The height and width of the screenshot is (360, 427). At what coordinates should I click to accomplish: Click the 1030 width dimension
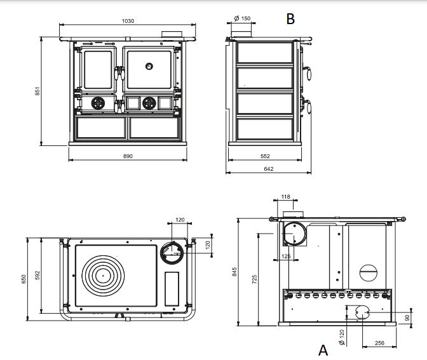[x=128, y=21]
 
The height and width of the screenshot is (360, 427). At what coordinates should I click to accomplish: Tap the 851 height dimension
[x=37, y=91]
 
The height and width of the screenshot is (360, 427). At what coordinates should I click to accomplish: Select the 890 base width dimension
[x=128, y=156]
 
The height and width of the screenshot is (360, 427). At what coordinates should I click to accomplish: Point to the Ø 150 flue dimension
[x=242, y=18]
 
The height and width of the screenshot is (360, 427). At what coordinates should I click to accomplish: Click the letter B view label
[x=290, y=19]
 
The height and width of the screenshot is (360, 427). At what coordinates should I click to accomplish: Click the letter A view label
[x=323, y=350]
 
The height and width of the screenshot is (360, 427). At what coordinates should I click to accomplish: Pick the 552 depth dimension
[x=265, y=156]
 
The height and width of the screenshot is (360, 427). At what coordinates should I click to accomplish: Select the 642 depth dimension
[x=269, y=169]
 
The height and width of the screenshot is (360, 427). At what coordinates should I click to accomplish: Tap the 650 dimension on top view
[x=24, y=279]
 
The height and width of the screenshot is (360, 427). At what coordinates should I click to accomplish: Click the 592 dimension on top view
[x=37, y=275]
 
